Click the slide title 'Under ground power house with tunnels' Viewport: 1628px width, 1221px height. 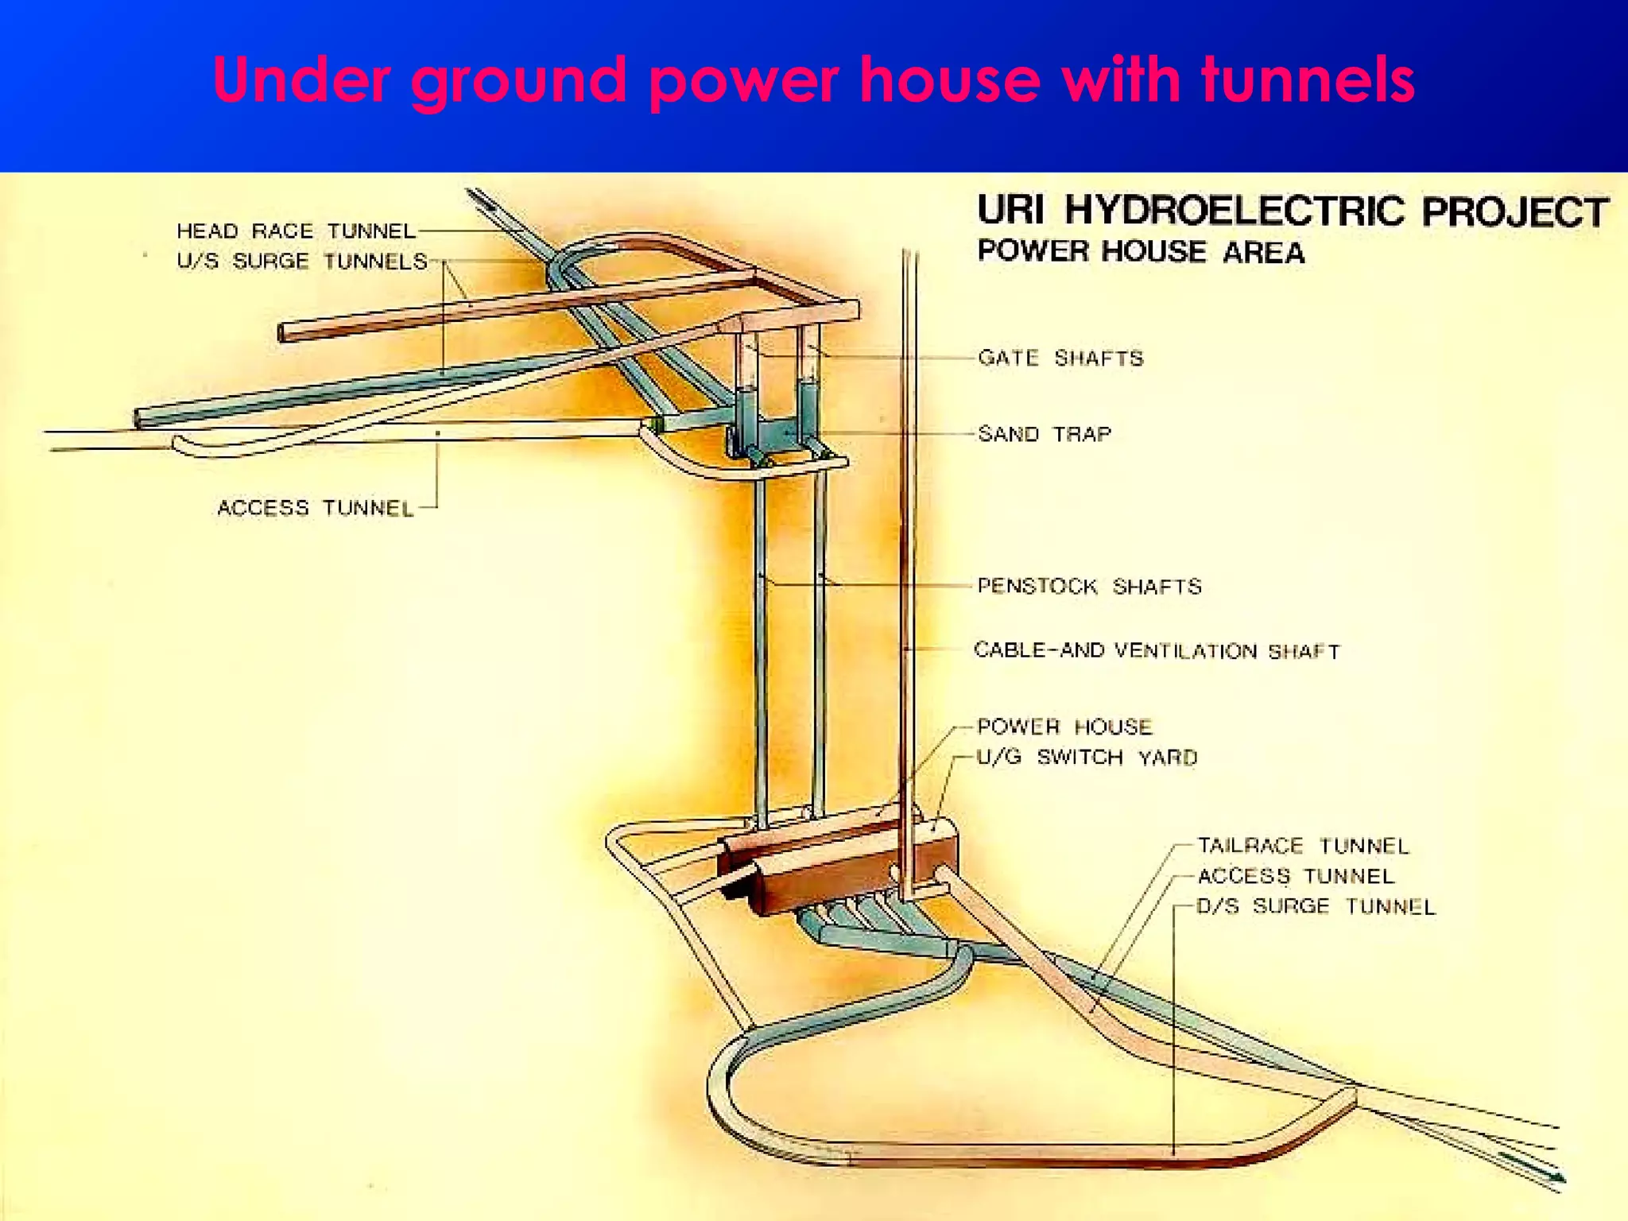click(x=813, y=80)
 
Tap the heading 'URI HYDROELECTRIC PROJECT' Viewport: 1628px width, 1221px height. click(x=1293, y=211)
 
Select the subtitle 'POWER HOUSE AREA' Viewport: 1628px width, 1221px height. click(x=1141, y=252)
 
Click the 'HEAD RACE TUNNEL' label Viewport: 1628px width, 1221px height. click(x=296, y=231)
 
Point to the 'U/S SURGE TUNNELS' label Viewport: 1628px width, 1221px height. click(x=302, y=261)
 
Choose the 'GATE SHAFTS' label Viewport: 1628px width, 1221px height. click(x=1060, y=359)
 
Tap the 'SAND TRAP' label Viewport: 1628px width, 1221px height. click(x=1045, y=434)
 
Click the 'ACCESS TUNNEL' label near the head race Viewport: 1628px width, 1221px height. click(x=316, y=508)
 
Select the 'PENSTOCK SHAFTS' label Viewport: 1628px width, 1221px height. click(x=1089, y=587)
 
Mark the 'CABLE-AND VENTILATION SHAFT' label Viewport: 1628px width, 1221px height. click(x=1157, y=651)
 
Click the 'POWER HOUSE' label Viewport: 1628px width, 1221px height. click(x=1064, y=727)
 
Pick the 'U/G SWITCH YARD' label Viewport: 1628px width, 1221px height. click(x=1087, y=757)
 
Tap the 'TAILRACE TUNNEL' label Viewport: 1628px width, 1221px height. click(x=1303, y=846)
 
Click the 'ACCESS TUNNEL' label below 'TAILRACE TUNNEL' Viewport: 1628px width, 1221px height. click(x=1296, y=876)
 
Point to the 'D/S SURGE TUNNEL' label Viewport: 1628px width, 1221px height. click(x=1316, y=906)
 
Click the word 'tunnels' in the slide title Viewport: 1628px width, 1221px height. click(x=1308, y=80)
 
